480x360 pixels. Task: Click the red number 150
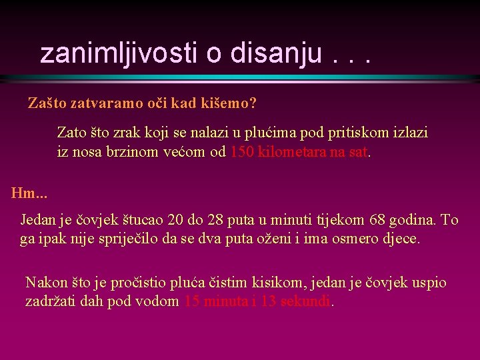pos(241,152)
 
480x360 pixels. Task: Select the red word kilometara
pos(291,152)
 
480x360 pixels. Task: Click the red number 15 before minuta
pos(191,301)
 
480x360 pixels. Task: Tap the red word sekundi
pos(306,301)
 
